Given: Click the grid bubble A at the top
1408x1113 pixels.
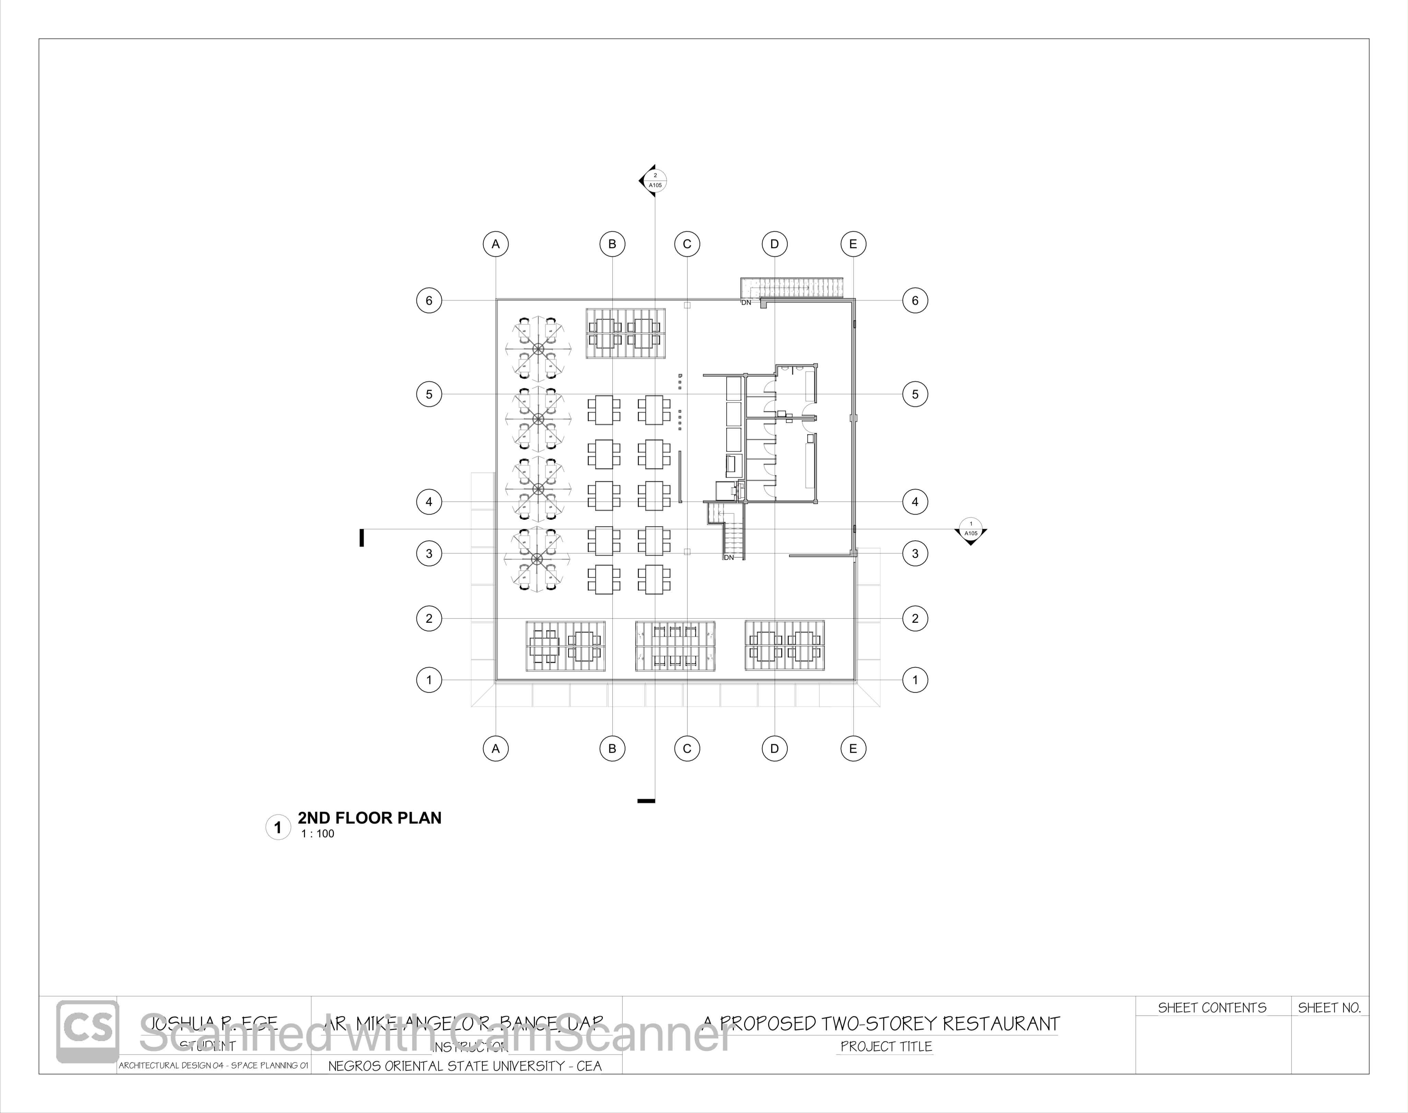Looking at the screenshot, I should pos(495,244).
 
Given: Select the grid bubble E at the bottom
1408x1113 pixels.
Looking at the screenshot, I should pos(853,749).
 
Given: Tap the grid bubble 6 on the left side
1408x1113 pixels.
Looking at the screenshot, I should pos(429,301).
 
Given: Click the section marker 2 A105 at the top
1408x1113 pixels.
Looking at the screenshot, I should pos(655,180).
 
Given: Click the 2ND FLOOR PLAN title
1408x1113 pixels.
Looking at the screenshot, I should pos(369,818).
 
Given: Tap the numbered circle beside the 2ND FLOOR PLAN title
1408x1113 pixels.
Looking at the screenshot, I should pos(278,828).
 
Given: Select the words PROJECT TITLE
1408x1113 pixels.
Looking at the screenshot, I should pos(886,1046).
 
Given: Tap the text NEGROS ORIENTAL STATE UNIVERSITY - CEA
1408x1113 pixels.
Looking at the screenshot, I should pos(465,1066).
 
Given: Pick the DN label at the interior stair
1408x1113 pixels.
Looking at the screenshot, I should pos(729,558).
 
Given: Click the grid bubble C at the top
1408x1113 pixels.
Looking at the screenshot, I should pos(687,244).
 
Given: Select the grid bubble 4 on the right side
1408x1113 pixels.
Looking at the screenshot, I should pos(915,502).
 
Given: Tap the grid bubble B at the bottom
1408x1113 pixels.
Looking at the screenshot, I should pos(612,749).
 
